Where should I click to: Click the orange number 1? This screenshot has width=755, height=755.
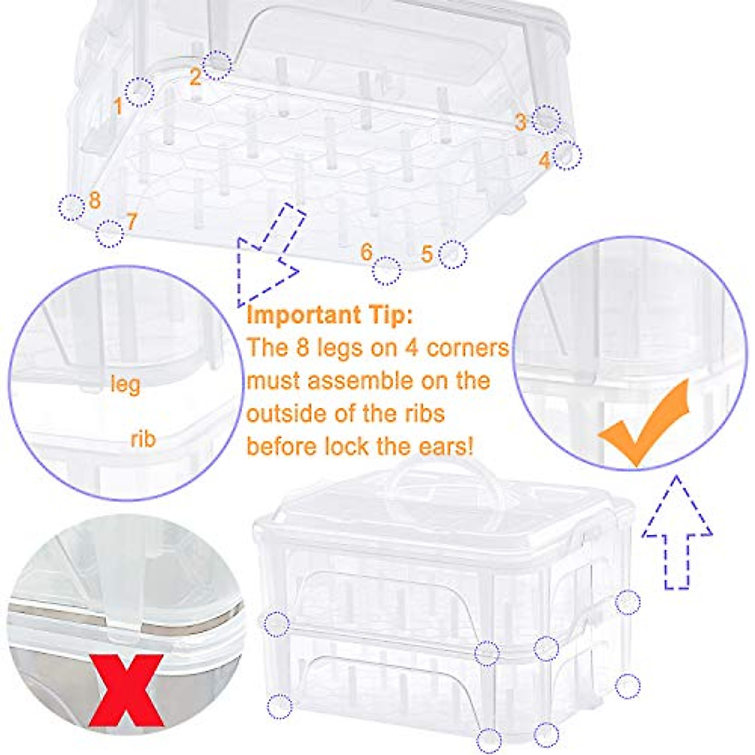[x=118, y=106]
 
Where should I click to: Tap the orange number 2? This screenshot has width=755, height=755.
[x=195, y=77]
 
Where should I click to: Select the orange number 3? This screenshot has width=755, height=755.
[x=520, y=122]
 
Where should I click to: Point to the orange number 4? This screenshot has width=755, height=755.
[x=544, y=161]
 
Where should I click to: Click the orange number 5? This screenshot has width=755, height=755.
[x=427, y=254]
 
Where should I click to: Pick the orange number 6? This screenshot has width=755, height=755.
[x=367, y=252]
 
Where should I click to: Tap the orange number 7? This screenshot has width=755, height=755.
[x=131, y=221]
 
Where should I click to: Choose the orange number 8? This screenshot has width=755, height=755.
[x=95, y=201]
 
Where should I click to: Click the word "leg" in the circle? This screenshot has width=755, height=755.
[x=125, y=384]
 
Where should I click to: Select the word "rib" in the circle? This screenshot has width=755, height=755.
[x=143, y=439]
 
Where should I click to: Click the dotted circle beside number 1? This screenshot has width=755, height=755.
[x=140, y=92]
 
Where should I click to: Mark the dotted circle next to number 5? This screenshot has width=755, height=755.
[x=452, y=254]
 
